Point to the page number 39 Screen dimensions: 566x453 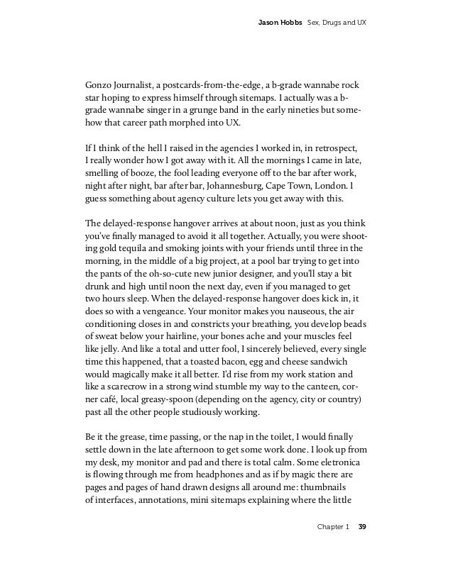pyautogui.click(x=362, y=527)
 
